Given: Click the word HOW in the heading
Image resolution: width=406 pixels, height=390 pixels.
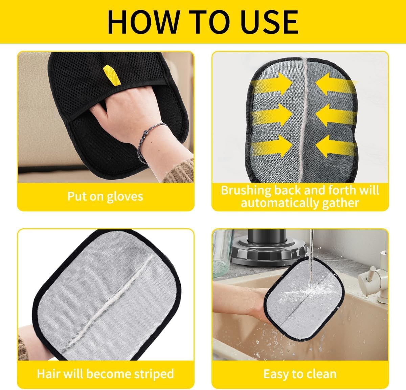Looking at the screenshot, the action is (144, 22).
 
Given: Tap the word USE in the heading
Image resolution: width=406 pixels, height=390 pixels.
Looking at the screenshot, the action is (269, 22).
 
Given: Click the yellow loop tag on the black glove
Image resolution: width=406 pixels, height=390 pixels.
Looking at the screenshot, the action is (112, 75).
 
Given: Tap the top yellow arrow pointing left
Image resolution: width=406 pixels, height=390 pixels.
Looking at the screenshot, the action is (336, 84).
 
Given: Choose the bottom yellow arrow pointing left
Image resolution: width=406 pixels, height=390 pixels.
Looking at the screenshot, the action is (336, 146).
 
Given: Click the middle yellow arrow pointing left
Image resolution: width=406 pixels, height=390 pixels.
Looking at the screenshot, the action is (336, 115).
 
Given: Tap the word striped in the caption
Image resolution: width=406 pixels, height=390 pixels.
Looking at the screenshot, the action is (154, 374).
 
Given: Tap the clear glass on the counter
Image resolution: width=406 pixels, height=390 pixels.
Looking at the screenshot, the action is (223, 253).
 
